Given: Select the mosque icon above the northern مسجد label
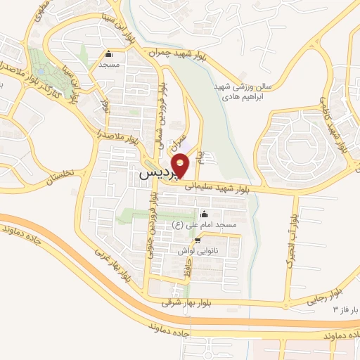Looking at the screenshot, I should [x=108, y=54].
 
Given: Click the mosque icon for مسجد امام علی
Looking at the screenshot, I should [x=205, y=214].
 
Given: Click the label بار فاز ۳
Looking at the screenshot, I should [x=345, y=309].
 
